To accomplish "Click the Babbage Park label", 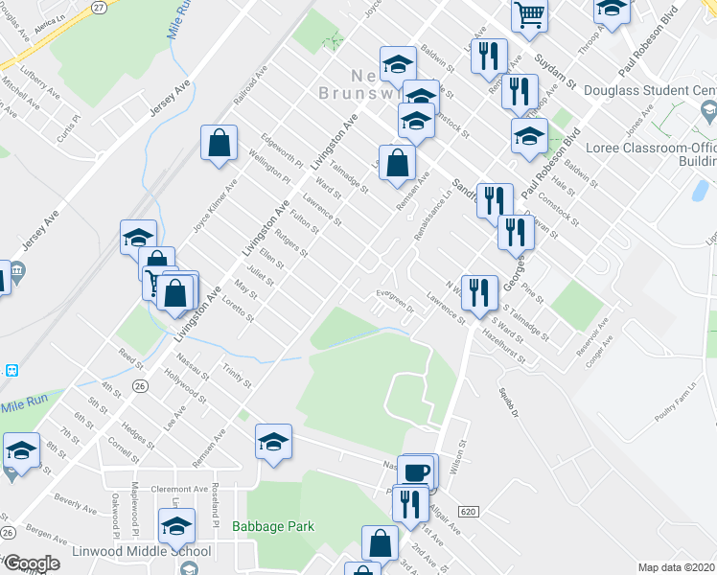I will click(x=273, y=526).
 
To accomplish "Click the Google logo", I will click(x=32, y=563).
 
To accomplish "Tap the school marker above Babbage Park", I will click(x=274, y=442).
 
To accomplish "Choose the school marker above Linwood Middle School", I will click(x=176, y=525).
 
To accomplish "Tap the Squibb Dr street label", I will click(x=507, y=402).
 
